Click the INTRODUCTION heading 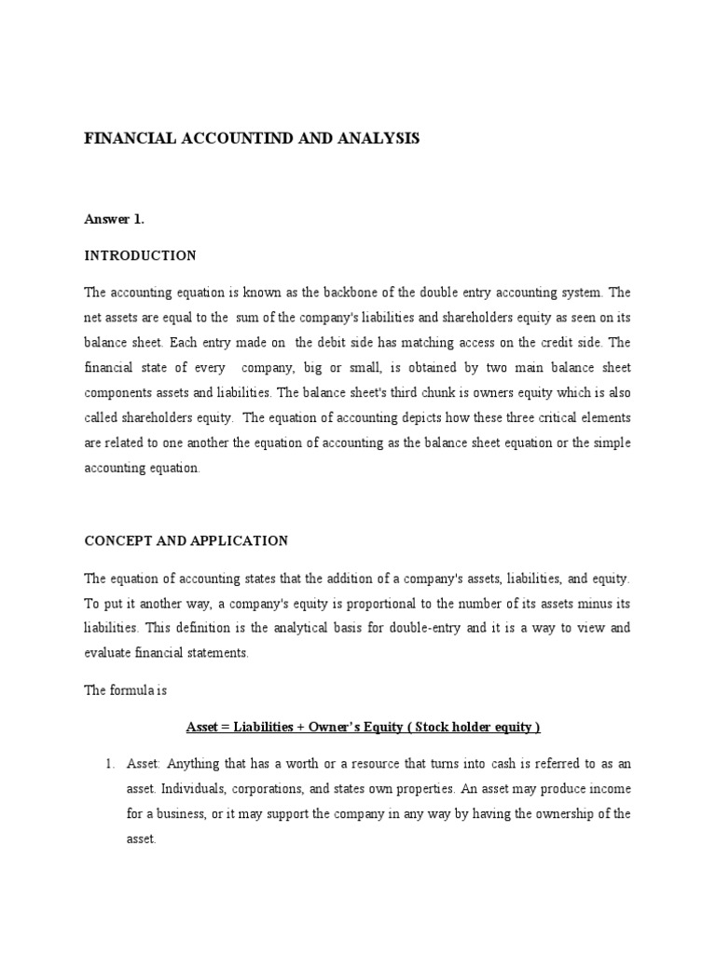coord(140,255)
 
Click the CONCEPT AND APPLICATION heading coord(186,540)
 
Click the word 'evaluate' coord(107,653)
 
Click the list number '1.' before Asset coord(108,764)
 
